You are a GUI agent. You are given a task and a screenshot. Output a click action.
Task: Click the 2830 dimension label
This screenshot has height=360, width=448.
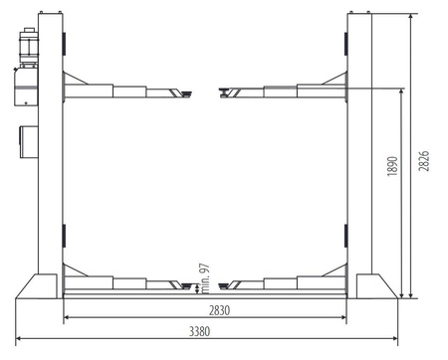click(219, 310)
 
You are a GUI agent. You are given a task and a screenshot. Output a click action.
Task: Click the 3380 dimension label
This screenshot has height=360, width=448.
click(199, 331)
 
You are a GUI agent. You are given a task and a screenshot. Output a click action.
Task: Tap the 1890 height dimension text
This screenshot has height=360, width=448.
click(392, 166)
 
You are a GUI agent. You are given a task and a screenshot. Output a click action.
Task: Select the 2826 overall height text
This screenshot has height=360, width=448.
click(423, 161)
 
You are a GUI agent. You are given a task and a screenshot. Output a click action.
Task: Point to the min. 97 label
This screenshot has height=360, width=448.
click(205, 278)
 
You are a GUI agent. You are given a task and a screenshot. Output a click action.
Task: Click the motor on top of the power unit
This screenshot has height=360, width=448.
click(29, 47)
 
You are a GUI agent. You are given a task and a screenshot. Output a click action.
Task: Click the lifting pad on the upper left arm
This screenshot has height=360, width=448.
click(186, 93)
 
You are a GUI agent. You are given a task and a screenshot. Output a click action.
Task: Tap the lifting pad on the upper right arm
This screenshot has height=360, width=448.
click(225, 92)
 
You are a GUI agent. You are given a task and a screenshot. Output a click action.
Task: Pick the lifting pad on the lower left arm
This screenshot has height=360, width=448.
click(186, 286)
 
